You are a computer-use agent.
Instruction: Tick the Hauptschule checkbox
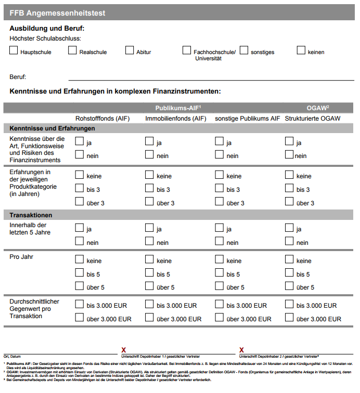(x=14, y=50)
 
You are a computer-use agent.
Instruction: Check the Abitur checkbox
(x=130, y=50)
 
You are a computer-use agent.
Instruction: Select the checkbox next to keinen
(x=301, y=50)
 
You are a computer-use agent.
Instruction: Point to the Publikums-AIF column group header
(x=178, y=108)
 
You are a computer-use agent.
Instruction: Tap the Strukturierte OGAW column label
(x=312, y=119)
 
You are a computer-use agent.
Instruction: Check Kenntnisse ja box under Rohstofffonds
(x=79, y=141)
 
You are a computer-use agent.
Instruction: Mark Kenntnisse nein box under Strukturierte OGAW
(x=289, y=154)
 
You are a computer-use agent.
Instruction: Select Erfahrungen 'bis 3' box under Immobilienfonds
(x=149, y=188)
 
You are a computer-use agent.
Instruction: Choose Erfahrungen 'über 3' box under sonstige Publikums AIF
(x=219, y=202)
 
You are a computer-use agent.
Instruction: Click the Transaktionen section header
(x=31, y=215)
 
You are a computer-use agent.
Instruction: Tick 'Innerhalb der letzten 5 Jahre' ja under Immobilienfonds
(x=149, y=227)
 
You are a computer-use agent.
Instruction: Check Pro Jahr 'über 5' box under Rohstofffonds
(x=79, y=286)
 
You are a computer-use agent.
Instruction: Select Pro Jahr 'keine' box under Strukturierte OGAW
(x=289, y=259)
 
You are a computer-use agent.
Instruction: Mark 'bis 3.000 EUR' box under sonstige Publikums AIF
(x=219, y=304)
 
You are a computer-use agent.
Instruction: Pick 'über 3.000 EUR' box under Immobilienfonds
(x=149, y=318)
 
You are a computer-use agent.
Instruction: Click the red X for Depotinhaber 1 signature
(x=124, y=350)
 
